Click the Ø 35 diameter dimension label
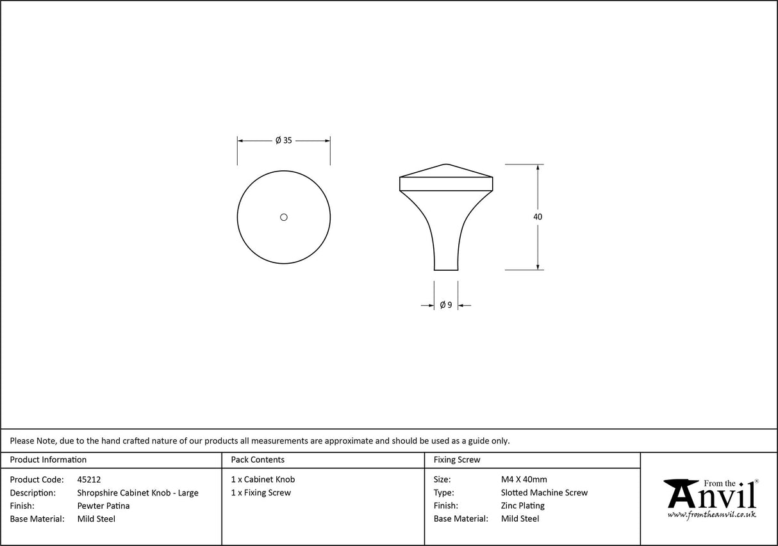[x=283, y=140]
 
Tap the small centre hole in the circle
[x=284, y=217]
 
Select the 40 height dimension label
[x=537, y=217]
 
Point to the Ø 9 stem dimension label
[x=446, y=305]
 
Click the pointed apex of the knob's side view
[x=446, y=165]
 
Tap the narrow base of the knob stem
[x=446, y=269]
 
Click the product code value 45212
[x=88, y=479]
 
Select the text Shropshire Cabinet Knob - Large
[x=138, y=493]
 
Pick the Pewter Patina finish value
[x=103, y=506]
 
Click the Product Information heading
[x=48, y=460]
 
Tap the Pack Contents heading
[x=258, y=460]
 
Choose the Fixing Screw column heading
[x=457, y=460]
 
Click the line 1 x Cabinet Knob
[x=263, y=479]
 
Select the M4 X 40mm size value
[x=524, y=479]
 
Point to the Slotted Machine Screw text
[x=544, y=493]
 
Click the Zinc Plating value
[x=522, y=506]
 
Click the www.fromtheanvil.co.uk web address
[x=711, y=514]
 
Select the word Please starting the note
[x=22, y=440]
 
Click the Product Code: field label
[x=37, y=479]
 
